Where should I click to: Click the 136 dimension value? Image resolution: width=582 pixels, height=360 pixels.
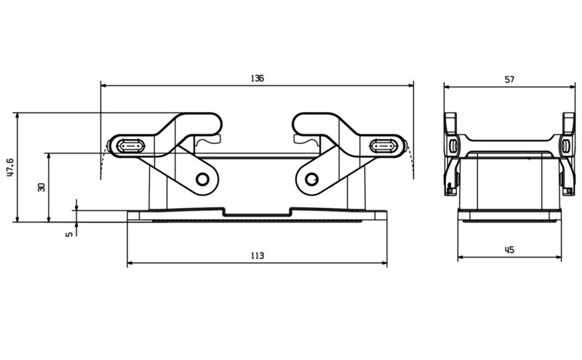click(x=257, y=78)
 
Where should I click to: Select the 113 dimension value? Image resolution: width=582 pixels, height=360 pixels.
click(x=257, y=255)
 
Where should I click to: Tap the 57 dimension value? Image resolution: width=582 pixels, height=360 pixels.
click(x=509, y=79)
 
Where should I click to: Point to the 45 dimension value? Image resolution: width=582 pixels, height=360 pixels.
click(x=509, y=249)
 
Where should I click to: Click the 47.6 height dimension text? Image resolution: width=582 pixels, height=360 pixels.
click(x=9, y=167)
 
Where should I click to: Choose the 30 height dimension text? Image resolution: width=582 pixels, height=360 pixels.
click(x=42, y=187)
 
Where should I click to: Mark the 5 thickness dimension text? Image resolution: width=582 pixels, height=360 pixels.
click(x=70, y=234)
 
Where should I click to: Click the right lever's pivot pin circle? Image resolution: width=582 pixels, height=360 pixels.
click(x=311, y=179)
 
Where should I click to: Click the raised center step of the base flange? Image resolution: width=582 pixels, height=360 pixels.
click(x=257, y=212)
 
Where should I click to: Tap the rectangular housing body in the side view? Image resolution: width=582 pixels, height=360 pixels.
click(x=509, y=182)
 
